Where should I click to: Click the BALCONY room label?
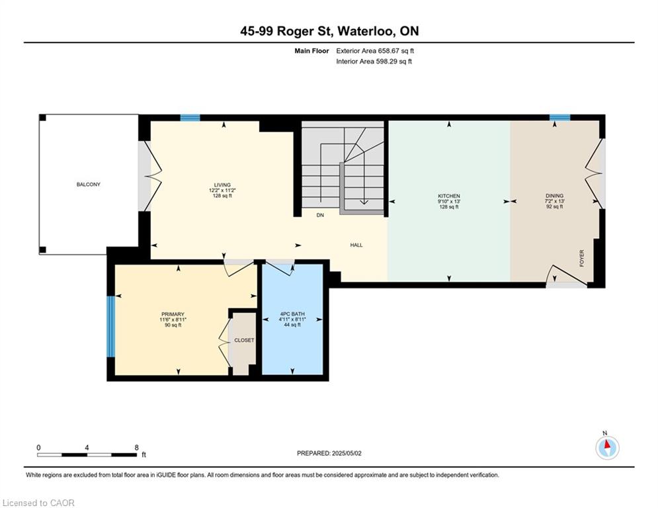[x=88, y=185]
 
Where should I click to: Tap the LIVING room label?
[x=222, y=185]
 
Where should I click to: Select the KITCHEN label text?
[x=449, y=196]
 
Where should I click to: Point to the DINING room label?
[x=554, y=196]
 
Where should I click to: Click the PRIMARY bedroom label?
[x=173, y=314]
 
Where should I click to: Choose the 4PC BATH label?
[x=292, y=314]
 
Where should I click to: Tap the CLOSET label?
[x=244, y=340]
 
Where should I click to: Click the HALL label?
[x=356, y=245]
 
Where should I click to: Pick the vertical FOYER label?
[x=582, y=258]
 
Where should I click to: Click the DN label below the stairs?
[x=320, y=215]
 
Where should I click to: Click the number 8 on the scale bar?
[x=136, y=448]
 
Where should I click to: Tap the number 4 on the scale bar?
[x=87, y=448]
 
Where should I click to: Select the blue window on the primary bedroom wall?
[x=111, y=326]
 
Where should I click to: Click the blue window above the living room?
[x=190, y=118]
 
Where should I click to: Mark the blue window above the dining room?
[x=560, y=118]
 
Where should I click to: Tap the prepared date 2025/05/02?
[x=347, y=453]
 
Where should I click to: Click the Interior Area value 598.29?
[x=386, y=62]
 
